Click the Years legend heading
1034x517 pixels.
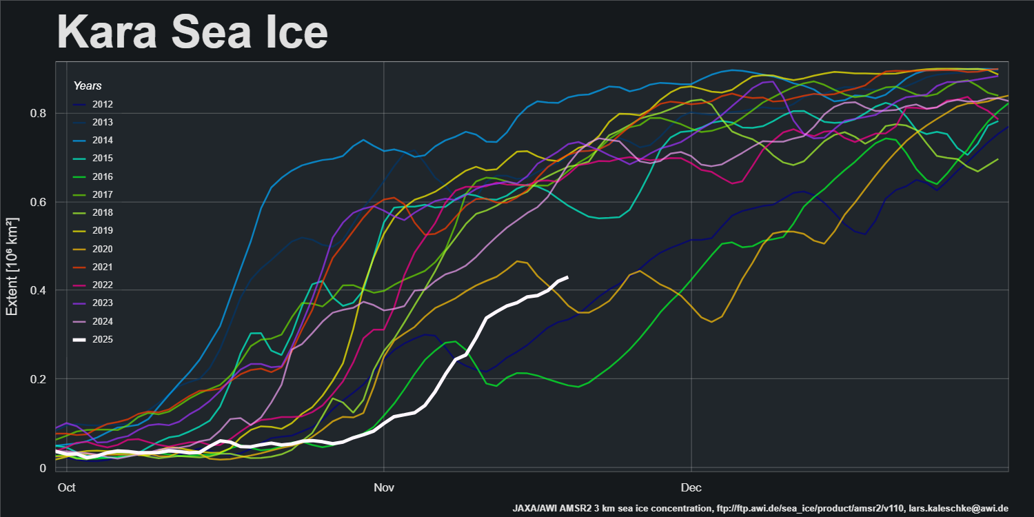coord(88,86)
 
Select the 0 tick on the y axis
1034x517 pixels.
coord(43,468)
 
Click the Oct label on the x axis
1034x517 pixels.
coord(66,487)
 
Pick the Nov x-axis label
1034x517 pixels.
coord(383,487)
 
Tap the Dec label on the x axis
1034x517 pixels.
coord(691,487)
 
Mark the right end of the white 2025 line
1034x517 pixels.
coord(567,277)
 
